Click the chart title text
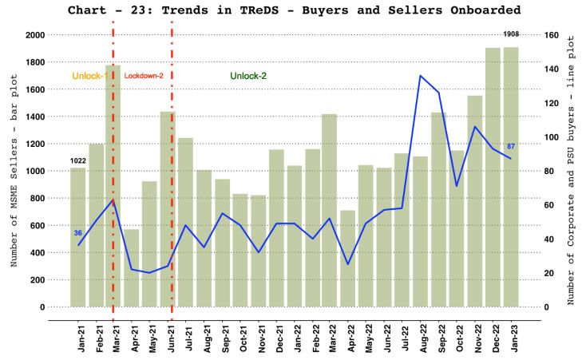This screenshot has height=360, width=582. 295,10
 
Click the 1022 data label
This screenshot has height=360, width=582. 77,161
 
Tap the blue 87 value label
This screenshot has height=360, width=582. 511,147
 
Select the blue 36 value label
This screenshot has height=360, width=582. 77,233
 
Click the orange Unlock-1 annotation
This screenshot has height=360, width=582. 89,76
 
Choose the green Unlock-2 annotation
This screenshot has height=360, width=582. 248,76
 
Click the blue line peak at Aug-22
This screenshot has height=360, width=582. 420,76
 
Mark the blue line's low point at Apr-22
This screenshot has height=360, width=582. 347,264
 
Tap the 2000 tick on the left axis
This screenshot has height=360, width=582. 34,35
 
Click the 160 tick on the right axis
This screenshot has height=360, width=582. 550,35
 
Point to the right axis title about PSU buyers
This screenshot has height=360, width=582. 572,171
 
